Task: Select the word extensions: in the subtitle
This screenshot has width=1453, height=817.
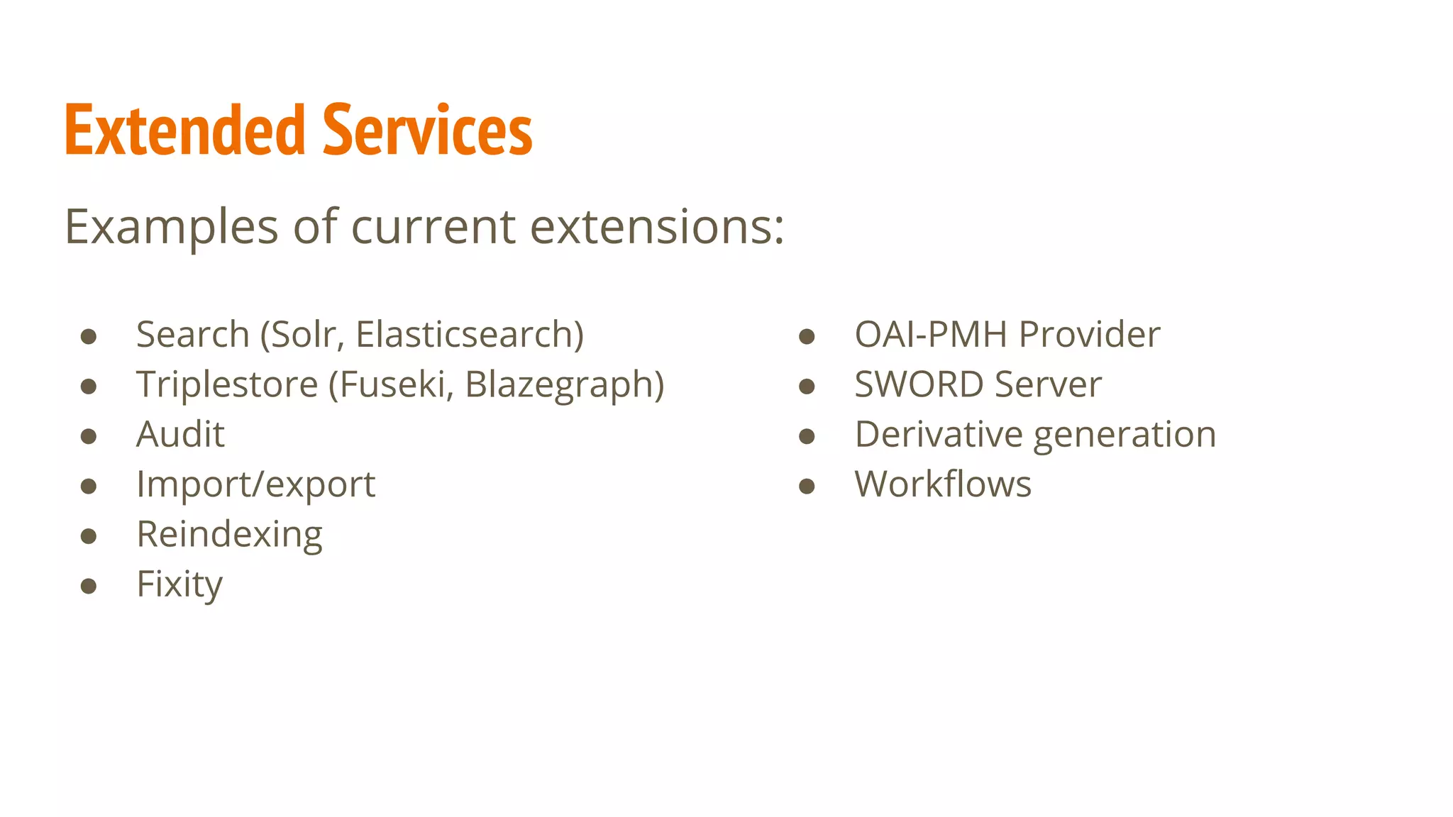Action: coord(657,227)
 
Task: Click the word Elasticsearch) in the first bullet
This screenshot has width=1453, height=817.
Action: coord(469,334)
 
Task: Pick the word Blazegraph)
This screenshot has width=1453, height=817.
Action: coord(564,384)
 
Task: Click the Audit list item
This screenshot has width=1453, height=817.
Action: coord(180,434)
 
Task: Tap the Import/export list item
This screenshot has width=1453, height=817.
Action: coord(255,484)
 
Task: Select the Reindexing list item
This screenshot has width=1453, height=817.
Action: coord(229,534)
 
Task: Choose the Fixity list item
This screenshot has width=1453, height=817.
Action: coord(179,584)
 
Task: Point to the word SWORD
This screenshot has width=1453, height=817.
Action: coord(919,384)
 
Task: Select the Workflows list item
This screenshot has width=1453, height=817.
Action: coord(943,484)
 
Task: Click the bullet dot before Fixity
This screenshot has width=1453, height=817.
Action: coord(89,586)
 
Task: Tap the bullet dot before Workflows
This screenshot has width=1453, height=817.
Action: coord(807,486)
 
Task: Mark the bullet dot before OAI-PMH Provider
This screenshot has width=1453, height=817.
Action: coord(807,336)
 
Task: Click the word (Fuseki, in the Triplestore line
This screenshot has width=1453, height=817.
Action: coord(391,384)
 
